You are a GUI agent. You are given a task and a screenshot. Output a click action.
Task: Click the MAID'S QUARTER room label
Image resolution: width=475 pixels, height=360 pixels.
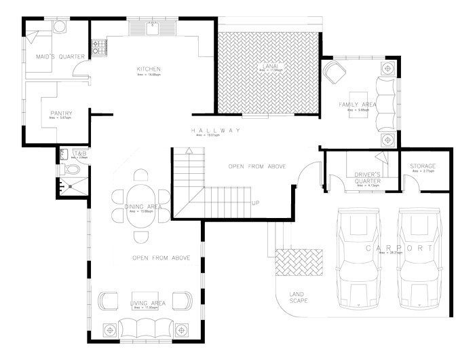pos(60,56)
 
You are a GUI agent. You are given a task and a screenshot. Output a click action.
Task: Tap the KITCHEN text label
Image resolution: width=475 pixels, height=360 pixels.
pos(148,69)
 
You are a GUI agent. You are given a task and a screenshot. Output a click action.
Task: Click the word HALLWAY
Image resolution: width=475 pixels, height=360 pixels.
pos(215,130)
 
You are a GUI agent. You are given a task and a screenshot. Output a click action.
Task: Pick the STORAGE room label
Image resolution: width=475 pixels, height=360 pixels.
pos(423,166)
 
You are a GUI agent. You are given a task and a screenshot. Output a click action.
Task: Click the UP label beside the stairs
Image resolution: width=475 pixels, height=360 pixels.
pos(255,203)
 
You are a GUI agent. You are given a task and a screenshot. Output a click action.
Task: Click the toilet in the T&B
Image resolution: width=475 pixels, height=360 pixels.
pos(73,168)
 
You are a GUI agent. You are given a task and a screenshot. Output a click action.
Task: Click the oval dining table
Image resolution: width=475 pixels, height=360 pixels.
pos(141,205)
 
